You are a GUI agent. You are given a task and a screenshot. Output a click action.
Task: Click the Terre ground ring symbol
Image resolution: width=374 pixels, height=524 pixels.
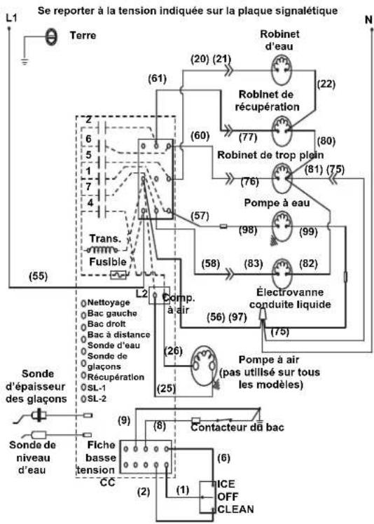pyautogui.click(x=51, y=36)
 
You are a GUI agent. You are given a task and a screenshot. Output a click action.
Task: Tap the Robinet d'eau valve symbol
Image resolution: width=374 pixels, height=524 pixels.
pyautogui.click(x=281, y=71)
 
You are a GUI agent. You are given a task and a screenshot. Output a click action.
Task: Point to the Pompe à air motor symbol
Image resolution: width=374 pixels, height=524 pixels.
pyautogui.click(x=204, y=365)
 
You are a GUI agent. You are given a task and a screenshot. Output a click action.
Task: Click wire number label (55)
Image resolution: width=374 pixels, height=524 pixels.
pyautogui.click(x=38, y=277)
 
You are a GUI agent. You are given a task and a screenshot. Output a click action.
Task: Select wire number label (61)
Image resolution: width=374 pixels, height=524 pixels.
pyautogui.click(x=157, y=79)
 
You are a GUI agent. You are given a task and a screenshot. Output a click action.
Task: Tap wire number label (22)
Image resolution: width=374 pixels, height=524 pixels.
pyautogui.click(x=326, y=83)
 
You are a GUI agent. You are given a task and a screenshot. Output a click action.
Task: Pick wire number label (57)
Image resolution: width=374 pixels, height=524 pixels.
pyautogui.click(x=200, y=216)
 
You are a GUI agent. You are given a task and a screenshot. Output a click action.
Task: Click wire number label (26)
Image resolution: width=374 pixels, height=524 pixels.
pyautogui.click(x=173, y=351)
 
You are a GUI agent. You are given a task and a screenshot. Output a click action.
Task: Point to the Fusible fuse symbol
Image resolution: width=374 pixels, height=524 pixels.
pyautogui.click(x=118, y=275)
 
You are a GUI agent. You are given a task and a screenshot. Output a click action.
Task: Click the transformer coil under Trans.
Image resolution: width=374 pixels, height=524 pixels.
pyautogui.click(x=102, y=249)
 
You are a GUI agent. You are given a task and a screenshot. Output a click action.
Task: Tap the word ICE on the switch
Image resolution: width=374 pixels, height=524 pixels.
pyautogui.click(x=226, y=484)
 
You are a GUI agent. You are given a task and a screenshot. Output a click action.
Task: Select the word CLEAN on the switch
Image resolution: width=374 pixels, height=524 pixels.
pyautogui.click(x=235, y=509)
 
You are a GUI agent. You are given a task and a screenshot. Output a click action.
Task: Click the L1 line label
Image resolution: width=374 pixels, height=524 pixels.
pyautogui.click(x=11, y=18)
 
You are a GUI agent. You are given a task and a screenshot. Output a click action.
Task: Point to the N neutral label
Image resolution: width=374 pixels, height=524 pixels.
pyautogui.click(x=368, y=20)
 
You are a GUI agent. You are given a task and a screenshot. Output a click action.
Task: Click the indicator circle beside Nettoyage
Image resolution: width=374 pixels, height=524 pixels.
pyautogui.click(x=83, y=303)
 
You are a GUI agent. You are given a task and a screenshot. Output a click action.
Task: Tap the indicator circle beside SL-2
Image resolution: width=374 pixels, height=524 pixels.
pyautogui.click(x=83, y=399)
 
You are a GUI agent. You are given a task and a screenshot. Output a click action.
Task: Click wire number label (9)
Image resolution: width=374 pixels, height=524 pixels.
pyautogui.click(x=124, y=420)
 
